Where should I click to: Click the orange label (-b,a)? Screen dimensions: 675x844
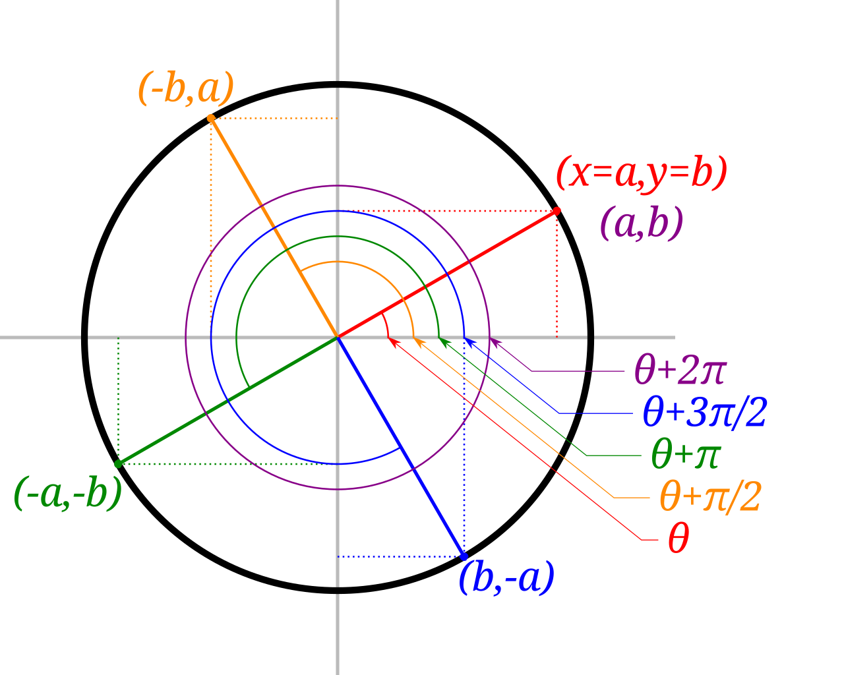point(186,90)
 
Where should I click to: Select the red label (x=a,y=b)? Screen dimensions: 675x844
point(641,173)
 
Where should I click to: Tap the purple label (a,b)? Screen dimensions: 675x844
point(641,224)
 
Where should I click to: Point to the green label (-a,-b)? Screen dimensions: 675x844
point(68,493)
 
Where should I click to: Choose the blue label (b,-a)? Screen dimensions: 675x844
point(506,578)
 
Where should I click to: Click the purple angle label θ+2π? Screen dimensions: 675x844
point(679,370)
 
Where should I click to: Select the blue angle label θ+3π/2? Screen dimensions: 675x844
point(704,413)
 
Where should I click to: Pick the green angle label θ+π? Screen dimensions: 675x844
point(686,455)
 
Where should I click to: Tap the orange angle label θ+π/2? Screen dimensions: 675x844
point(710,497)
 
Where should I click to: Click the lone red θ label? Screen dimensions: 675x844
point(678,540)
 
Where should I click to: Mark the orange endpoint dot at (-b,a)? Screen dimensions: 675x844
point(211,118)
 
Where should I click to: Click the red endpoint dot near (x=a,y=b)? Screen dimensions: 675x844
point(557,210)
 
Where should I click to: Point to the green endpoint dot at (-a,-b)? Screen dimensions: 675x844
point(118,464)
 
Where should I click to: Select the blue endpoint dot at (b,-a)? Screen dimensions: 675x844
point(464,557)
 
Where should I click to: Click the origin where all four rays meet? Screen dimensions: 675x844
point(338,337)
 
